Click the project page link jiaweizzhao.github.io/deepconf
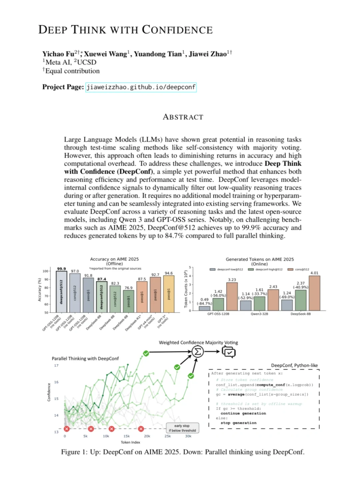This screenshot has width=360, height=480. pyautogui.click(x=141, y=87)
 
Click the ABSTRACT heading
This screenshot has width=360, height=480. pyautogui.click(x=183, y=117)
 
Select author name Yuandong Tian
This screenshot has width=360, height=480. pyautogui.click(x=158, y=54)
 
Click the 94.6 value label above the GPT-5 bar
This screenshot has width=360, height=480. pyautogui.click(x=169, y=273)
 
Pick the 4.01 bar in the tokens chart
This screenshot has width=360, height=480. pyautogui.click(x=314, y=293)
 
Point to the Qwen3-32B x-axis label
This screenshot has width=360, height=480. pyautogui.click(x=259, y=314)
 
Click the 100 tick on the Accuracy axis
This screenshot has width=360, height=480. pyautogui.click(x=45, y=271)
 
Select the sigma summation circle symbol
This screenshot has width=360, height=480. pyautogui.click(x=198, y=351)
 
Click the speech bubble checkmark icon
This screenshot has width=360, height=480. pyautogui.click(x=229, y=352)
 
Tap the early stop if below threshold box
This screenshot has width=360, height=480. pyautogui.click(x=182, y=428)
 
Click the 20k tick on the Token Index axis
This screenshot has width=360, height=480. pyautogui.click(x=147, y=436)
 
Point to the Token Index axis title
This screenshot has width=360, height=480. pyautogui.click(x=130, y=442)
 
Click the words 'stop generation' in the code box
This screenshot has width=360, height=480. pyautogui.click(x=238, y=423)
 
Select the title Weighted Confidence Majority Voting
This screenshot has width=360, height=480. pyautogui.click(x=198, y=342)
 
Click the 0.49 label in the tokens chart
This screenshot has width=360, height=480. pyautogui.click(x=204, y=299)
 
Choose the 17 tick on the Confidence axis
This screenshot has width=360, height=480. pyautogui.click(x=56, y=366)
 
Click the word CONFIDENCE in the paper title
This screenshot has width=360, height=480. pyautogui.click(x=177, y=30)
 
